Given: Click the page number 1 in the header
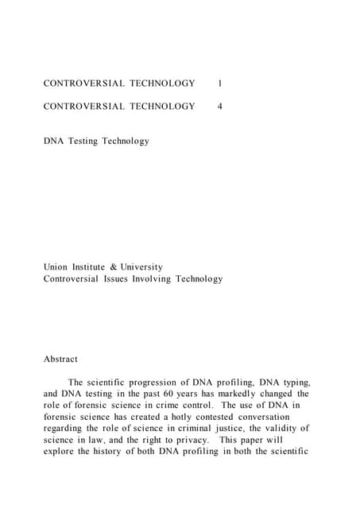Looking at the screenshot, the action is [x=219, y=83].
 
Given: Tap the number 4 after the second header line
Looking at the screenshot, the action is [x=219, y=106].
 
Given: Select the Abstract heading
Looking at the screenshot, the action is [x=60, y=359].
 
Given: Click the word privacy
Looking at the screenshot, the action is [x=190, y=440].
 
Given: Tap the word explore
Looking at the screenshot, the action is [x=60, y=451].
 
